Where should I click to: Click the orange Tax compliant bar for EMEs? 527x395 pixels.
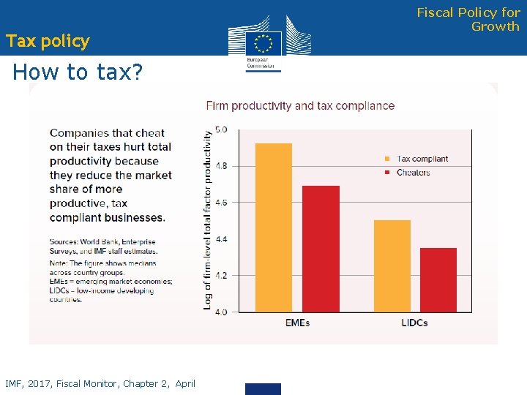(274, 227)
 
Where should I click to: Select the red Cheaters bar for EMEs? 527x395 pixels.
(321, 249)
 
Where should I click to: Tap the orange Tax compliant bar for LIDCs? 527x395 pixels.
(392, 266)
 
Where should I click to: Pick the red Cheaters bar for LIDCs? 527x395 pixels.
(438, 279)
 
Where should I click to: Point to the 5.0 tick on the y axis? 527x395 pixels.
(221, 129)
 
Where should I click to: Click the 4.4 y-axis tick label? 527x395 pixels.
(221, 239)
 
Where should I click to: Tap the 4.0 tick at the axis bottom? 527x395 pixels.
(221, 312)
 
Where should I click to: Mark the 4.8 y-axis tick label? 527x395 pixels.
(221, 166)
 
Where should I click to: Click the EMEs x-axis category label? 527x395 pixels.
(296, 323)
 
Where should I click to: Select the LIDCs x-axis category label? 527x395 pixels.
(414, 323)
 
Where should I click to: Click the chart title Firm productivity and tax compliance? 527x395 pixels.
(300, 105)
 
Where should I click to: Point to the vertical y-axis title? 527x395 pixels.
(208, 219)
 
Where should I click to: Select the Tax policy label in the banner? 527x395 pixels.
(48, 41)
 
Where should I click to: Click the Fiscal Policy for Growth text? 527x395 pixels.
(468, 19)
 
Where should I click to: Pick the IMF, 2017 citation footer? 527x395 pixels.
(100, 383)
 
